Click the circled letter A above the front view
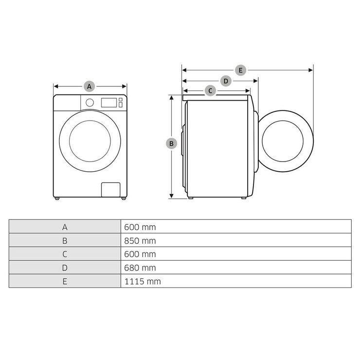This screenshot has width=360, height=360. (x=89, y=87)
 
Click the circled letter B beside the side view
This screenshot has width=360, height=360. (x=171, y=144)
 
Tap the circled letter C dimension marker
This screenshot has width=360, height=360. (x=210, y=90)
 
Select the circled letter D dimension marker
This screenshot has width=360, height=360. (x=226, y=81)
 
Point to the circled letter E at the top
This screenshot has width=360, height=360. (x=240, y=70)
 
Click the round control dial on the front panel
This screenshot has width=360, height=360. (x=90, y=102)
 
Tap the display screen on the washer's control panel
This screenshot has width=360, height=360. (x=109, y=102)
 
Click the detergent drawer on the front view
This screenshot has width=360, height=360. (x=67, y=103)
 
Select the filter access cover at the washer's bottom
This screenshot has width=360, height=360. (x=110, y=190)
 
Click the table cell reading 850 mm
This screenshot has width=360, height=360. (x=140, y=240)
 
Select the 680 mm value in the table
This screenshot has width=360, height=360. (x=140, y=268)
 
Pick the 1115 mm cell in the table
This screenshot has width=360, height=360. (x=142, y=281)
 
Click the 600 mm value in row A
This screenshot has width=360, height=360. (x=140, y=227)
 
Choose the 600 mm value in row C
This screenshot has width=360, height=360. (x=140, y=254)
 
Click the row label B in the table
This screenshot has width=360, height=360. (x=65, y=240)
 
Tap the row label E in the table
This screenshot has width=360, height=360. (x=65, y=281)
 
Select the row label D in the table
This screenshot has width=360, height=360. (x=65, y=268)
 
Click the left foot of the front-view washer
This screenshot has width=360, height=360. (x=58, y=198)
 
